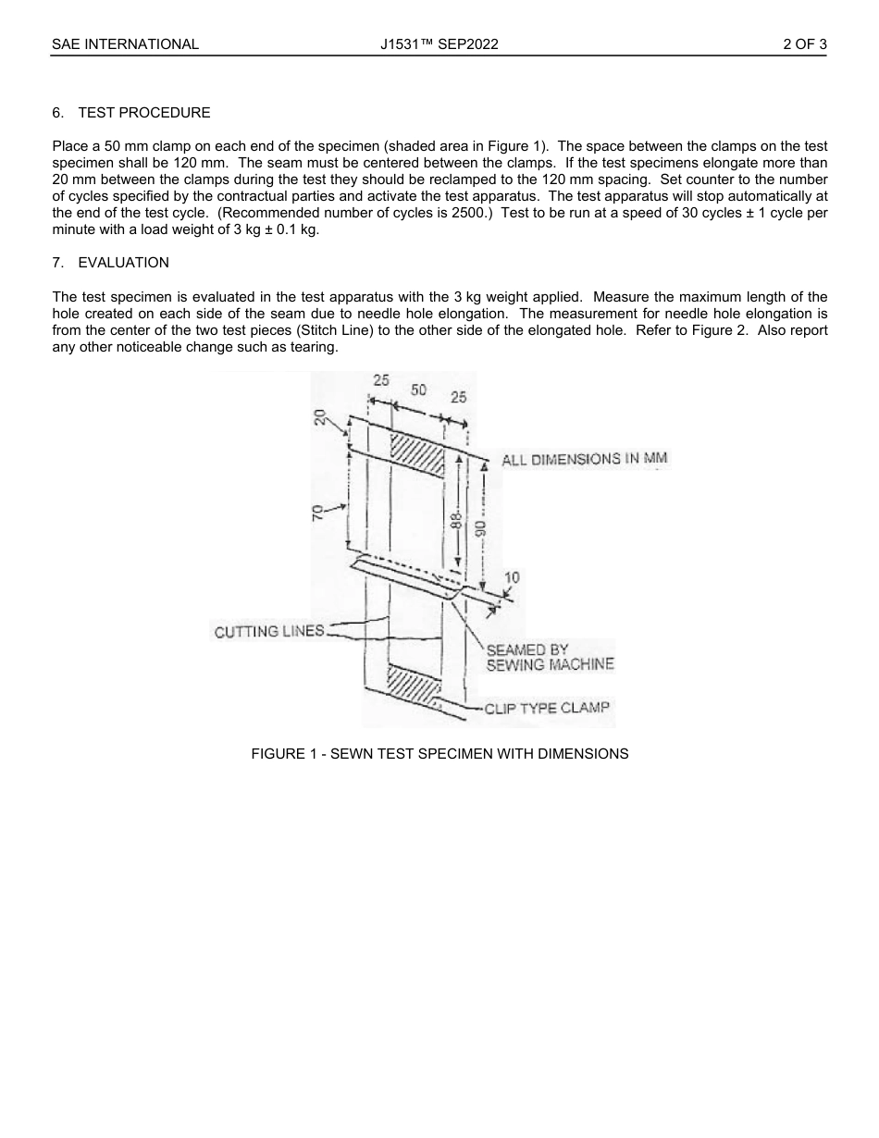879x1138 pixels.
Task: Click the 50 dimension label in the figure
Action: pyautogui.click(x=419, y=390)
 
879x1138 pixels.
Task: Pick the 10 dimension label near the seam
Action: pyautogui.click(x=511, y=578)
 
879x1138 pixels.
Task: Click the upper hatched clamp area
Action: pyautogui.click(x=416, y=453)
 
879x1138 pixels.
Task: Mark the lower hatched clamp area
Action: pyautogui.click(x=413, y=686)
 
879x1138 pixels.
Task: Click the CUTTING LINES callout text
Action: pyautogui.click(x=269, y=632)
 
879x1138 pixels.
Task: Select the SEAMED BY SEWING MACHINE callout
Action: pyautogui.click(x=550, y=657)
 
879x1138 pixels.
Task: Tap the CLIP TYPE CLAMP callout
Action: pyautogui.click(x=547, y=708)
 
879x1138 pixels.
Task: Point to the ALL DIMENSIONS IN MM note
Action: pyautogui.click(x=584, y=459)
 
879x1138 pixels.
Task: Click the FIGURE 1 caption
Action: pyautogui.click(x=439, y=754)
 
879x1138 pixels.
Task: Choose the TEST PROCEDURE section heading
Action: pyautogui.click(x=143, y=113)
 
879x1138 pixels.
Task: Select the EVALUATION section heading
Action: pyautogui.click(x=123, y=263)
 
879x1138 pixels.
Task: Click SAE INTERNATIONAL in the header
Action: pyautogui.click(x=125, y=43)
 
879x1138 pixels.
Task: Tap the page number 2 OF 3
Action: pyautogui.click(x=804, y=43)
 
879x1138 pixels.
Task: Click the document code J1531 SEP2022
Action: pyautogui.click(x=439, y=43)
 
